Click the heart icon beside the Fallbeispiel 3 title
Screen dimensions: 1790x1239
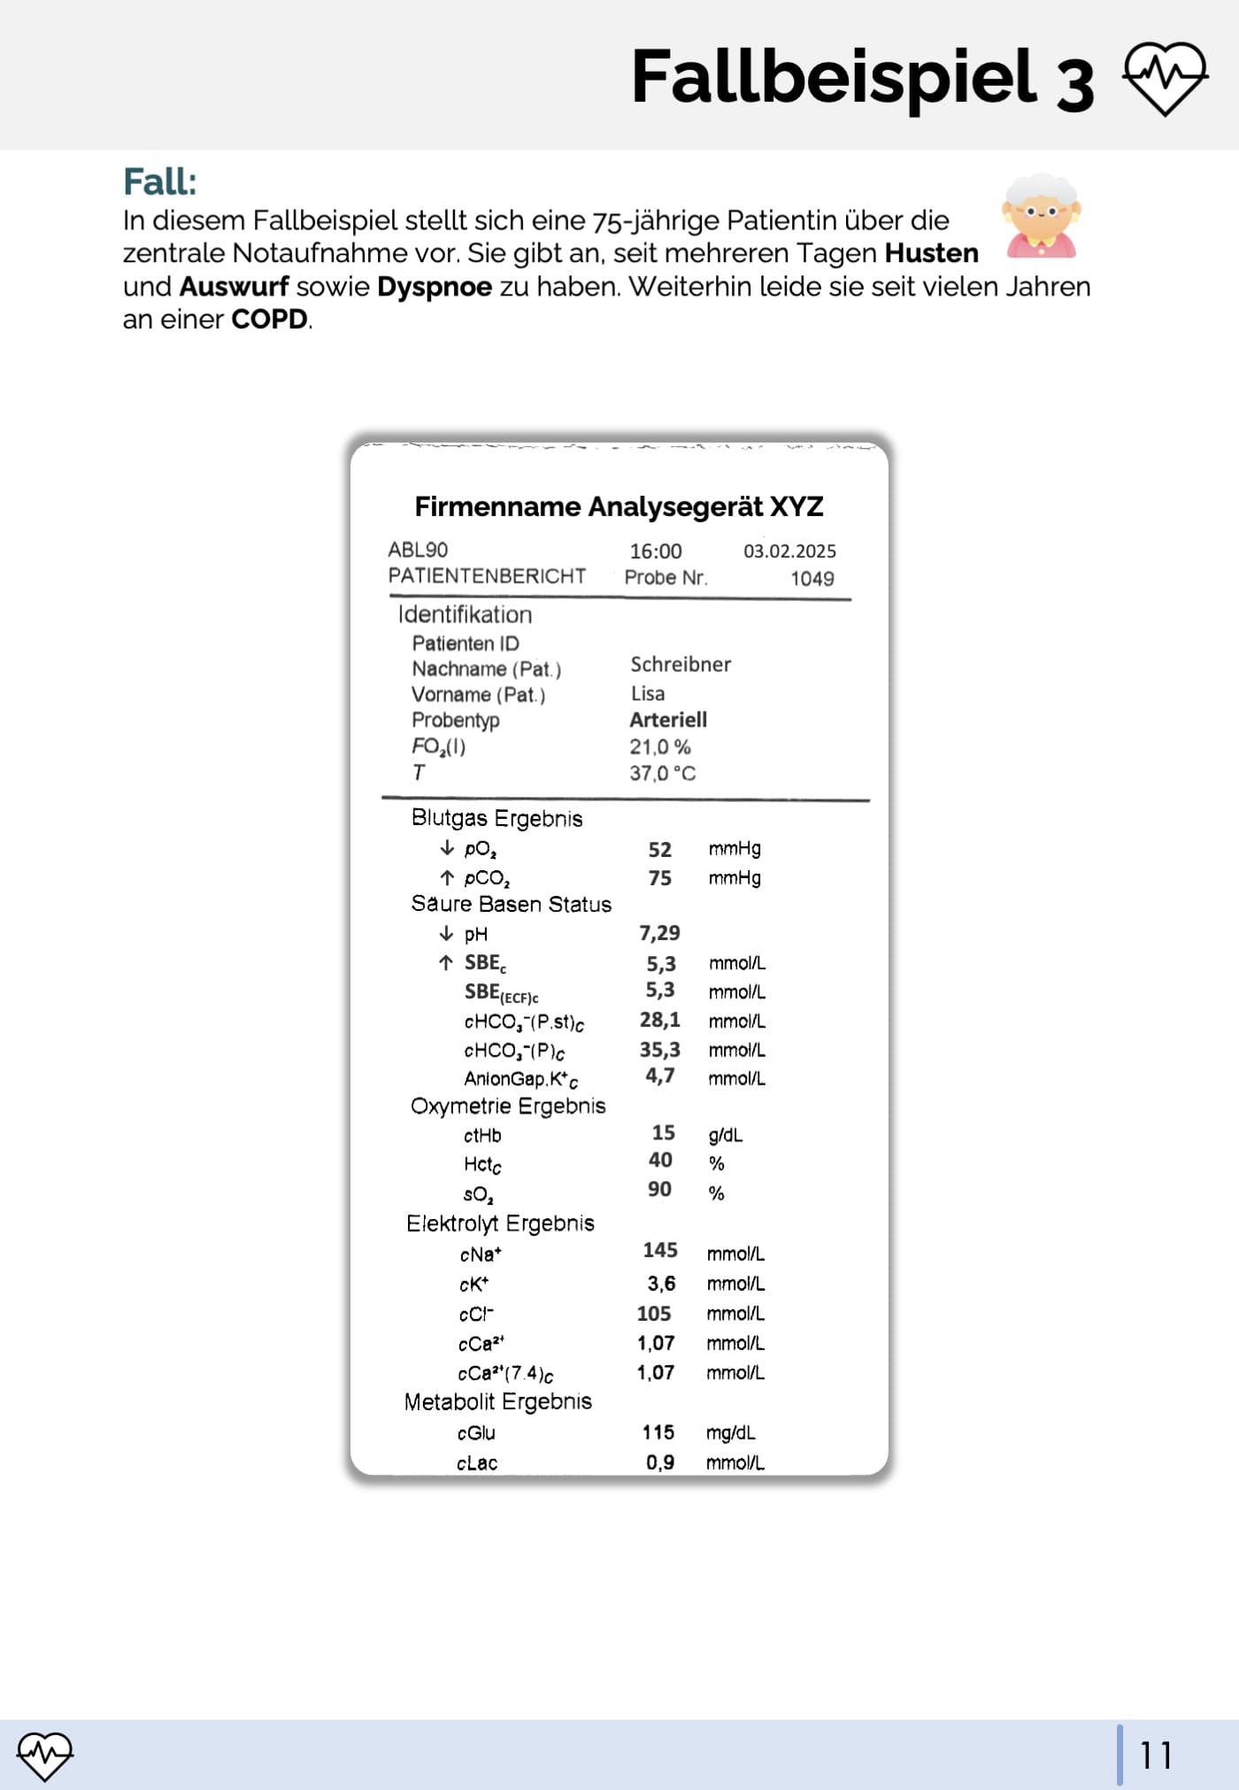[1165, 79]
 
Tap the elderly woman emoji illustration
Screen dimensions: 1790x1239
[1041, 217]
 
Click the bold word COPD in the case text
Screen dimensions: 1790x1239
[269, 320]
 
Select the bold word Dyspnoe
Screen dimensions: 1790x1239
[434, 287]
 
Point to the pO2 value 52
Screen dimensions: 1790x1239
[659, 850]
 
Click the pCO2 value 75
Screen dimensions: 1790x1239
[659, 878]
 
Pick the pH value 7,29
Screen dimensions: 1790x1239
[659, 933]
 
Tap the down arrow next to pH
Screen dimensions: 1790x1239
[446, 934]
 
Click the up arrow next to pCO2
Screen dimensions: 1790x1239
[447, 878]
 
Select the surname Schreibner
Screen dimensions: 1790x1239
[680, 665]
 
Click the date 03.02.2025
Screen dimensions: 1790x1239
[789, 552]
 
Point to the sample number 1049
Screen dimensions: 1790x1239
[812, 579]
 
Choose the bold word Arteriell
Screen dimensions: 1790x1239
[667, 720]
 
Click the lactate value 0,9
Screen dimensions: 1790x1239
[659, 1462]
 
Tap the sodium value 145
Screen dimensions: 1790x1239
[659, 1251]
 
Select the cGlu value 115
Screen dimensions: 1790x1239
[658, 1432]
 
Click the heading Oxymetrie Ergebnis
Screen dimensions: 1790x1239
[508, 1107]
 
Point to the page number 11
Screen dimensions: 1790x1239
[1156, 1755]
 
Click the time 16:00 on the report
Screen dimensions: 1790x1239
[655, 552]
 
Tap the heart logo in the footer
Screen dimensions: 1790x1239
[45, 1755]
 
